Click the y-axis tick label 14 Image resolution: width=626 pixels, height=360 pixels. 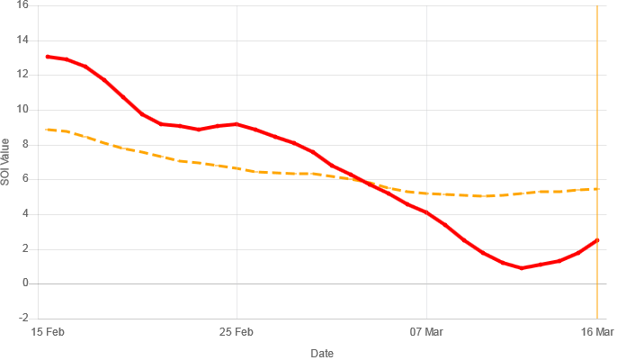tap(22, 40)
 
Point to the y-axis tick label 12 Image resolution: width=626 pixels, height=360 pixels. tap(22, 75)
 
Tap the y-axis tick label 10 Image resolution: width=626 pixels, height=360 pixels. tap(22, 109)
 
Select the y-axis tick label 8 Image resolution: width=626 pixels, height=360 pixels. tap(25, 144)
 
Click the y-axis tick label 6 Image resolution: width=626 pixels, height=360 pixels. tap(25, 179)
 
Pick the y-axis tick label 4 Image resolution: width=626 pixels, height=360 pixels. tap(25, 214)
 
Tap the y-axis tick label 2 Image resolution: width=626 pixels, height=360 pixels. tap(25, 248)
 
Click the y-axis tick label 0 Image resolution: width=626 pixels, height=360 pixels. tap(25, 283)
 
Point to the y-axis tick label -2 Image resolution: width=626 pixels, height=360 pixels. tap(23, 318)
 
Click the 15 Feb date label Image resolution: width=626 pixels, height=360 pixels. tap(48, 332)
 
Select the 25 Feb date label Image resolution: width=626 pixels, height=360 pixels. tap(237, 332)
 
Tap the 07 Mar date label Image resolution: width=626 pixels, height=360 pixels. tap(426, 332)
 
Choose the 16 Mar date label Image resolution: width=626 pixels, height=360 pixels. tap(597, 332)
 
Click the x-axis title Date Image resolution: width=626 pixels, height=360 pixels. tap(322, 353)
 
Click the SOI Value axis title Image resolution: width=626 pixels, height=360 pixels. tap(4, 162)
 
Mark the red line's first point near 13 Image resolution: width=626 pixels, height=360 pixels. tap(48, 57)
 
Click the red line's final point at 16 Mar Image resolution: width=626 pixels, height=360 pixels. tap(597, 240)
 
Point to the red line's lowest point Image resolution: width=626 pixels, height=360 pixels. tap(522, 268)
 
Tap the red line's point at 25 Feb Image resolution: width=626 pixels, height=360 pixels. tap(237, 124)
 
